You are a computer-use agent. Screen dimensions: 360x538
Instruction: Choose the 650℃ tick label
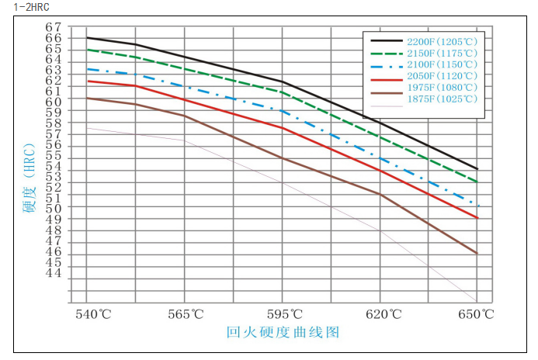click(477, 314)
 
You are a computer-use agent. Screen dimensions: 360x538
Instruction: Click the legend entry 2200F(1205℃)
click(445, 40)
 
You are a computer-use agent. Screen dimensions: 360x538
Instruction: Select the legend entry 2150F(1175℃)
click(445, 53)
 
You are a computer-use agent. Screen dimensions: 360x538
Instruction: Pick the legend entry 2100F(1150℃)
click(445, 64)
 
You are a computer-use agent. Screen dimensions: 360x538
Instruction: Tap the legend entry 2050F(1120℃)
click(445, 76)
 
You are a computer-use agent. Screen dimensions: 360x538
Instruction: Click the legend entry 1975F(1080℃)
click(445, 88)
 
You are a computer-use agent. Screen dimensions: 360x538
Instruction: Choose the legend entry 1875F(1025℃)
click(445, 99)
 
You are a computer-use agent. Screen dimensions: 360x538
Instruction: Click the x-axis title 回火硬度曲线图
click(283, 333)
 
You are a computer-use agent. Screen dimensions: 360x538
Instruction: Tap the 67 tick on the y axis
click(53, 27)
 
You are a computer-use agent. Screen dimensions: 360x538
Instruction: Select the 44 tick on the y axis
click(53, 272)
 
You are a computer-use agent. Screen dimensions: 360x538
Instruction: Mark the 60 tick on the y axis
click(53, 102)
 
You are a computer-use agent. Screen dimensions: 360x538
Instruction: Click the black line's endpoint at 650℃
click(477, 168)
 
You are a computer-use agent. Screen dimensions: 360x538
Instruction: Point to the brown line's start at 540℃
click(86, 98)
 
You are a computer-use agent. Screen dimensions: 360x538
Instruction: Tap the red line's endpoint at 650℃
click(477, 218)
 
